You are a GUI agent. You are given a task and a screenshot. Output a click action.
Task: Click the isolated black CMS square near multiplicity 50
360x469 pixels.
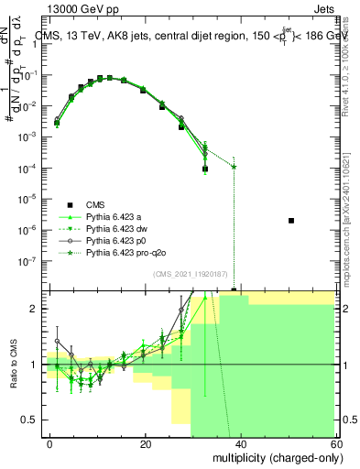pos(290,221)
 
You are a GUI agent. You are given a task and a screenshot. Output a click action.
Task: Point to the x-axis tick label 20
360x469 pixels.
pos(146,443)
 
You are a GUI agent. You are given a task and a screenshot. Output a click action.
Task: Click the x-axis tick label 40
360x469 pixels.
pos(240,443)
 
